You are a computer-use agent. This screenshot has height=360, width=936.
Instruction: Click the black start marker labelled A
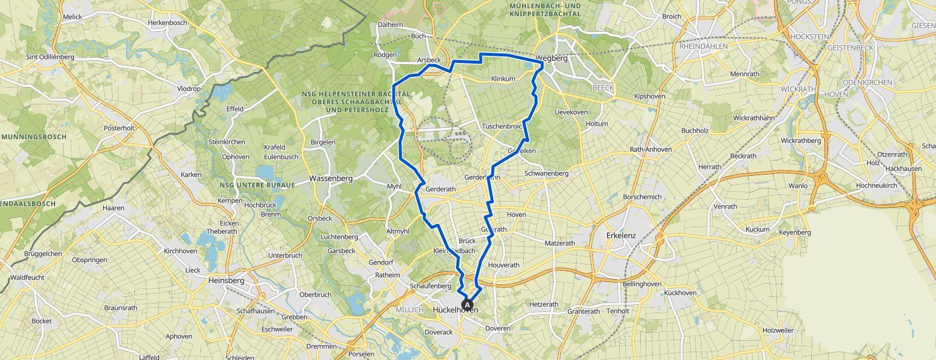[x=468, y=304]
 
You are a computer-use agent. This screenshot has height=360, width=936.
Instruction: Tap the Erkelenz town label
[x=620, y=235]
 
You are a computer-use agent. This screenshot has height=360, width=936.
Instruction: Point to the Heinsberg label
[x=226, y=280]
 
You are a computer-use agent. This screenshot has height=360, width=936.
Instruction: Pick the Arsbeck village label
[x=429, y=60]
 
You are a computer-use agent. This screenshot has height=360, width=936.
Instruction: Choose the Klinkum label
[x=503, y=79]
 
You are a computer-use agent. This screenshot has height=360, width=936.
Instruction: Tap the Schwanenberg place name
[x=546, y=173]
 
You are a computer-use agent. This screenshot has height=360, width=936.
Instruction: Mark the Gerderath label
[x=440, y=189]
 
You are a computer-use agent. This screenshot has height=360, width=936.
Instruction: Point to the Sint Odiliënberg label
[x=50, y=57]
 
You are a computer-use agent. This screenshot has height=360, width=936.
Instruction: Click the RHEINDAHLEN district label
[x=703, y=46]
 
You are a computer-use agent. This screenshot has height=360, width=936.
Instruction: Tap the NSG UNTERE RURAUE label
[x=257, y=185]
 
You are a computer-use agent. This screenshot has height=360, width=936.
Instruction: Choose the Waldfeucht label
[x=30, y=278]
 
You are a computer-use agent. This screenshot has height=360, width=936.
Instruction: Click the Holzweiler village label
[x=778, y=331]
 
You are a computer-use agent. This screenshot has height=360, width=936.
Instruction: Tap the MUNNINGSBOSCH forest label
[x=34, y=137]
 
